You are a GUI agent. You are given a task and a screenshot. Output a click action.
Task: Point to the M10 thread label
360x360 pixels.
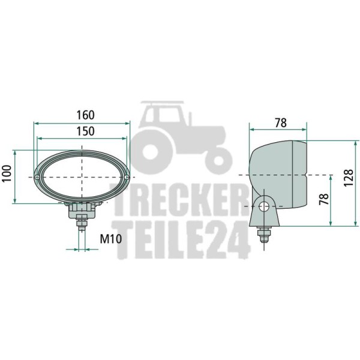click(x=110, y=239)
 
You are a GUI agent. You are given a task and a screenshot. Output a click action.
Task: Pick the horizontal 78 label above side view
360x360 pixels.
click(x=280, y=122)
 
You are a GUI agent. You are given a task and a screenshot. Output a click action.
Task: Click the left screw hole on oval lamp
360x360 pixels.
click(x=38, y=178)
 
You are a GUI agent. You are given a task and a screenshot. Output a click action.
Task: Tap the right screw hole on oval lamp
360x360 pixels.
click(x=126, y=178)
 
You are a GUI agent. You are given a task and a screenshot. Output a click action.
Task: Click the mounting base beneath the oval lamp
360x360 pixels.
click(x=82, y=210)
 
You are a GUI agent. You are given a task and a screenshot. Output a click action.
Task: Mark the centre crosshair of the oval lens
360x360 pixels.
click(x=82, y=178)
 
